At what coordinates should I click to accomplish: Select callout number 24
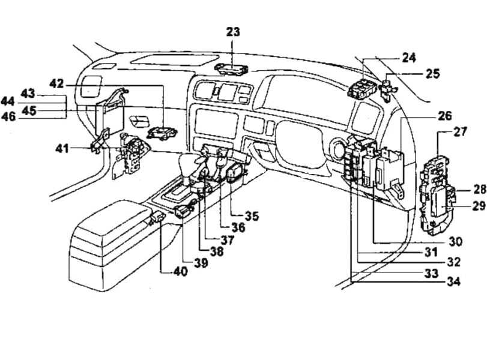coord(408,58)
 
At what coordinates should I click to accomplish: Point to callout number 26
coord(444,116)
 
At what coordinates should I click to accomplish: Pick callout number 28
coord(479,190)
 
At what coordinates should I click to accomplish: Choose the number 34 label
coord(454,281)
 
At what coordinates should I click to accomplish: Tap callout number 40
coord(181,271)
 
